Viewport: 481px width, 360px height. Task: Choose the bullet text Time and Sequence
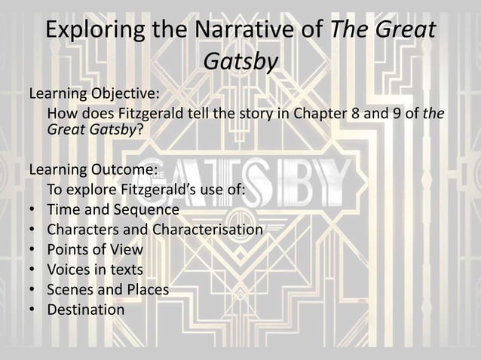pyautogui.click(x=113, y=209)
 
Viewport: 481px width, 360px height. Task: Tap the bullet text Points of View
pyautogui.click(x=95, y=249)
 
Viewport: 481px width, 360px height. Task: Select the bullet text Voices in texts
pyautogui.click(x=95, y=269)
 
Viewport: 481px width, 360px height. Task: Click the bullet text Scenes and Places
pyautogui.click(x=108, y=289)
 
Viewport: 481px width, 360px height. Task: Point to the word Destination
pyautogui.click(x=86, y=310)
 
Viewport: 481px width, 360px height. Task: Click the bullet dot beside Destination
pyautogui.click(x=34, y=310)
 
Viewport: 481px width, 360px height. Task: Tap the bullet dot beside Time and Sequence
pyautogui.click(x=34, y=209)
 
